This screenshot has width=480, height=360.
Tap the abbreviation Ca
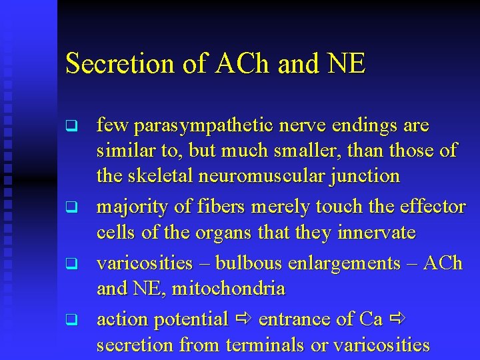click(370, 320)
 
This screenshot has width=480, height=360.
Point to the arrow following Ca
click(398, 320)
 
